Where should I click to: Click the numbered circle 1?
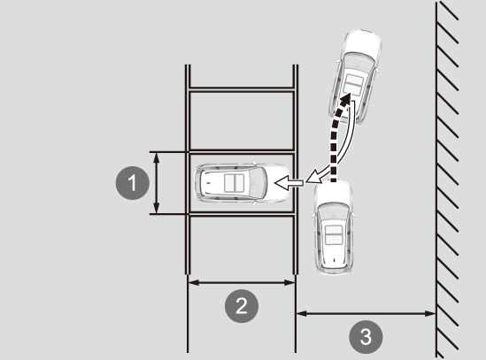133,183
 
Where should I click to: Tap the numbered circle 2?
242,306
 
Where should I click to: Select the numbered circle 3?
366,337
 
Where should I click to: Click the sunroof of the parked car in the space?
235,183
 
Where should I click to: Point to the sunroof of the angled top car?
353,84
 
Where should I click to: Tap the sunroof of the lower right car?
334,234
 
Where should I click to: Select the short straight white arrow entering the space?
289,183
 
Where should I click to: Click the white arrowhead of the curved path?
313,177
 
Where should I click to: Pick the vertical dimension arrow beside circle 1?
157,183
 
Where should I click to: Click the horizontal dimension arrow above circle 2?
242,282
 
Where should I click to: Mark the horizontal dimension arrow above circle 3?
366,314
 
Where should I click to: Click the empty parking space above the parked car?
242,121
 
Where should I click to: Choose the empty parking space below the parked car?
242,245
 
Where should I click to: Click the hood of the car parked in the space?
277,183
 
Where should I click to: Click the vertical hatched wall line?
437,180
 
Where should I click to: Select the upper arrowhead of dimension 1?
157,157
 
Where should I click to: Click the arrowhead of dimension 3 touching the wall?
430,314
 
